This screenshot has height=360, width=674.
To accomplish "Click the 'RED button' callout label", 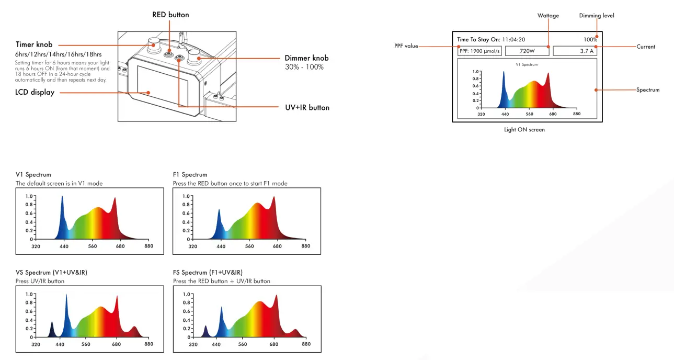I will [x=170, y=15].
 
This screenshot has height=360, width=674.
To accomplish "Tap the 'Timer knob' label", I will [x=34, y=44].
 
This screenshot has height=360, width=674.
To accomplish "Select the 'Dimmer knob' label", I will [x=306, y=58].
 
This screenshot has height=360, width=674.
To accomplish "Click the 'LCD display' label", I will [x=35, y=93].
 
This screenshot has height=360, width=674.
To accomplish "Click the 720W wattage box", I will [x=527, y=51].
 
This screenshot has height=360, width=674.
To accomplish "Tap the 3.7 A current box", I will [x=575, y=51].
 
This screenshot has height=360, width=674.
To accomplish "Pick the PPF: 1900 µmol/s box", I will [x=479, y=51].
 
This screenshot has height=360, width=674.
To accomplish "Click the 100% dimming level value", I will [x=590, y=39].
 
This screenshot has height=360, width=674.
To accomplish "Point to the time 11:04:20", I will [x=513, y=39].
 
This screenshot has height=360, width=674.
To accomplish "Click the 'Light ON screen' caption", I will [x=524, y=130].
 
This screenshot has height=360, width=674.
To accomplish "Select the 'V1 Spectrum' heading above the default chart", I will [x=33, y=174].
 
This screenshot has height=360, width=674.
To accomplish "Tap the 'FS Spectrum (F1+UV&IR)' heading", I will [x=208, y=272].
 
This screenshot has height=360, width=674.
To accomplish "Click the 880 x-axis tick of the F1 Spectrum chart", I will [x=306, y=246].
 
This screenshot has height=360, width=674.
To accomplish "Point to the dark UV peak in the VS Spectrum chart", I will [x=52, y=329].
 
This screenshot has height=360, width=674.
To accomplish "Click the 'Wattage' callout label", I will [x=548, y=16].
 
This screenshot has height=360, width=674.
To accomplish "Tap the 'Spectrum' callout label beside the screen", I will [x=648, y=90].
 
